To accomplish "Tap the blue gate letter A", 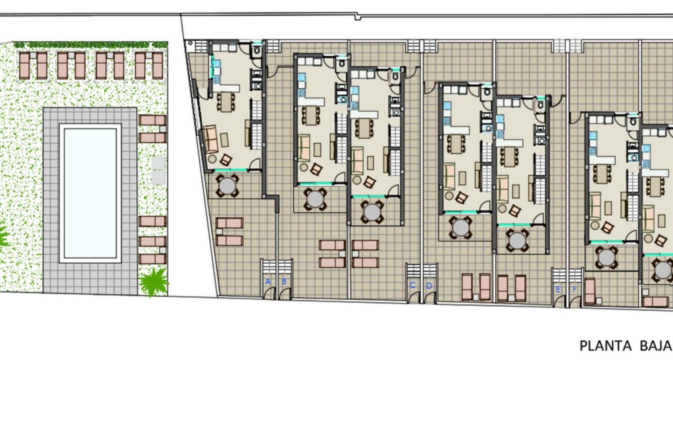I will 268,281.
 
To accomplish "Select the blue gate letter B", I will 284,281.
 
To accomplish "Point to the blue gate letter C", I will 413,285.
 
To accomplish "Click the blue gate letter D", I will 429,286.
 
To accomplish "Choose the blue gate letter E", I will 558,289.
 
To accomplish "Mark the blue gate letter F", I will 575,289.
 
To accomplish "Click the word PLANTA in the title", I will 605,346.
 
